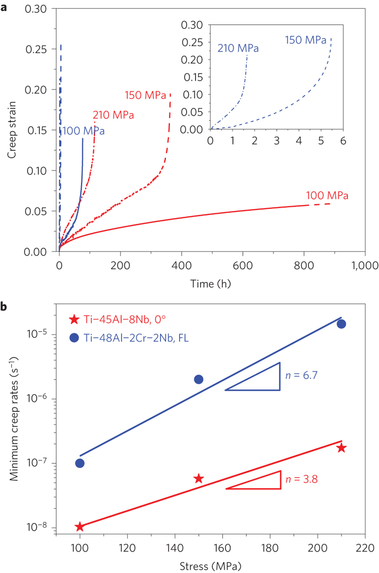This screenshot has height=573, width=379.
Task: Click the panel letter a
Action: pos(4,8)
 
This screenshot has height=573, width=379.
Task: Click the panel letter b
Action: pos(4,307)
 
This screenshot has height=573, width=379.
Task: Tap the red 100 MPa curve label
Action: pos(327,196)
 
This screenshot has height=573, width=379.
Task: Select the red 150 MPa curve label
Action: pos(145,95)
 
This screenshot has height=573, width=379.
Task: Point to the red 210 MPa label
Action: pos(113,115)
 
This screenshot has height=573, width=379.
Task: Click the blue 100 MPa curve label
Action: pos(83,131)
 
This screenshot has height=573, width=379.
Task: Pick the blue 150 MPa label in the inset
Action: pos(306,40)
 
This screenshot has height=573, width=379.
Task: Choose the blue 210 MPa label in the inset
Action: pos(238,48)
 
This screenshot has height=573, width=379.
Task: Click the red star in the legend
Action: pos(74,319)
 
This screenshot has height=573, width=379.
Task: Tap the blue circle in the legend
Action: pos(74,338)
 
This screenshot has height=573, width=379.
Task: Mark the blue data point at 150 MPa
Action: pos(198,379)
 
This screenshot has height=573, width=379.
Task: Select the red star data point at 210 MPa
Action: pos(341,448)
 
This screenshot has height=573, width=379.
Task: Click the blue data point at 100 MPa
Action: pos(80,463)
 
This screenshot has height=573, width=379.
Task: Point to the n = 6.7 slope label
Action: pos(301,375)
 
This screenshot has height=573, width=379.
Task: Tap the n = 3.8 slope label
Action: pos(301,479)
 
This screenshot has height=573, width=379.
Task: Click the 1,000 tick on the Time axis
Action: pos(365,265)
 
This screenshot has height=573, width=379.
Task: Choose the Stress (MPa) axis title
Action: pos(210,567)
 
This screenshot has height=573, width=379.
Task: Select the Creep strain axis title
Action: pos(12,130)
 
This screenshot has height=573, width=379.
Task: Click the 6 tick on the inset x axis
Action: pos(343,141)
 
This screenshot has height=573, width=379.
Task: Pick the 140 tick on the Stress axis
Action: pos(175,548)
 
